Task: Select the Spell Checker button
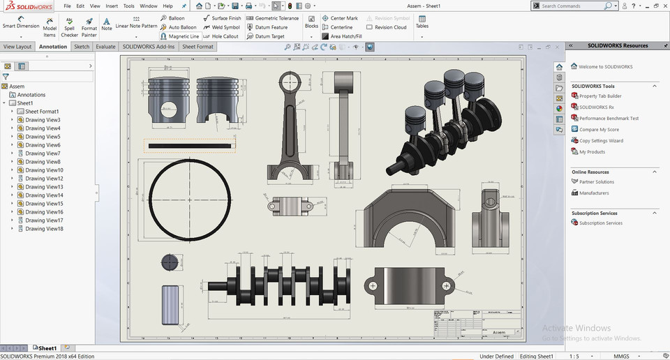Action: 69,27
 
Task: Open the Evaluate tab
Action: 106,47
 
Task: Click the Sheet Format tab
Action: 198,47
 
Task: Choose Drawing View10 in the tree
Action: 44,170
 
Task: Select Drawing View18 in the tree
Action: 44,229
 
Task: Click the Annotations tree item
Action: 31,95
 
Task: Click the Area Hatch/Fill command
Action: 342,36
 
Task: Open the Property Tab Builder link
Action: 600,96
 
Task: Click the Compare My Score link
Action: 599,130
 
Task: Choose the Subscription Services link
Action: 600,223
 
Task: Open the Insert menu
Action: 112,6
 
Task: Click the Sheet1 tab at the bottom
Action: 47,347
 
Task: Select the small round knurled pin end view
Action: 170,262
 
